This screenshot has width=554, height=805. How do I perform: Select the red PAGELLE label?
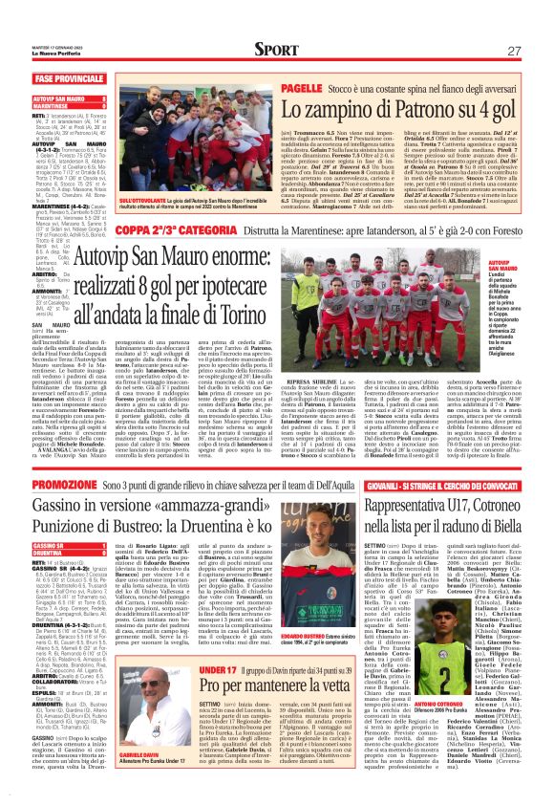275,87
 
